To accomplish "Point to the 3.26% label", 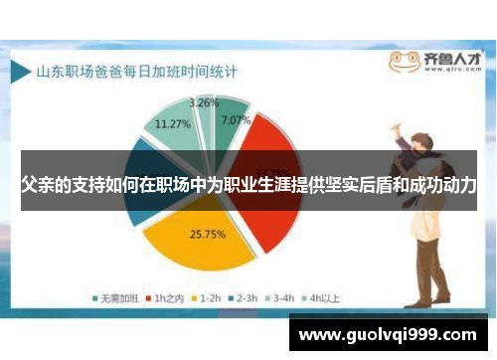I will click(x=204, y=102).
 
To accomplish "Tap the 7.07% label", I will click(x=235, y=121).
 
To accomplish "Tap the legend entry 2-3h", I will click(x=244, y=297).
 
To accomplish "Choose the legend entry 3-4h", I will click(x=281, y=297).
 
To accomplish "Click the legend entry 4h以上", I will click(x=322, y=297).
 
